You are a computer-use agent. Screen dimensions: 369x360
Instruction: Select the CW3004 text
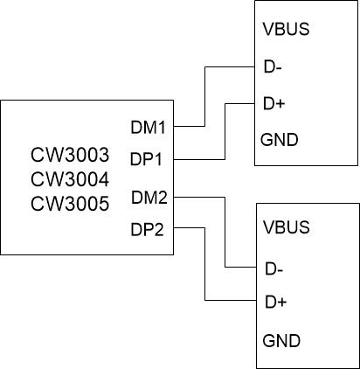tap(69, 180)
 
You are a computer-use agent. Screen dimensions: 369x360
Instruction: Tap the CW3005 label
tap(69, 205)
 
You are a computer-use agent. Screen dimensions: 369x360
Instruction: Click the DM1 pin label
tap(149, 128)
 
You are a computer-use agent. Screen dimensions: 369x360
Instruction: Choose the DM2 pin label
tap(149, 197)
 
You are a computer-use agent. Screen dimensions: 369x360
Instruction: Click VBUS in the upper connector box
tap(286, 29)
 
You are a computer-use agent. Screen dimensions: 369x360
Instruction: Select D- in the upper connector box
tap(272, 66)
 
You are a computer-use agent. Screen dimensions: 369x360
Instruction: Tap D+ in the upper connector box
tap(273, 103)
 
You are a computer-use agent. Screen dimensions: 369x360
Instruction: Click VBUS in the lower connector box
tap(286, 228)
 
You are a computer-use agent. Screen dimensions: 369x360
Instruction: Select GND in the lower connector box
tap(280, 339)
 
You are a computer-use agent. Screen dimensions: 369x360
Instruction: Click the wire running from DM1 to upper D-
tap(204, 96)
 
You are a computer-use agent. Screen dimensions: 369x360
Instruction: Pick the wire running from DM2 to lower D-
tap(225, 232)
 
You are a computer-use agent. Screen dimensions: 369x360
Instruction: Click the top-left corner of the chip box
tap(2, 101)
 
